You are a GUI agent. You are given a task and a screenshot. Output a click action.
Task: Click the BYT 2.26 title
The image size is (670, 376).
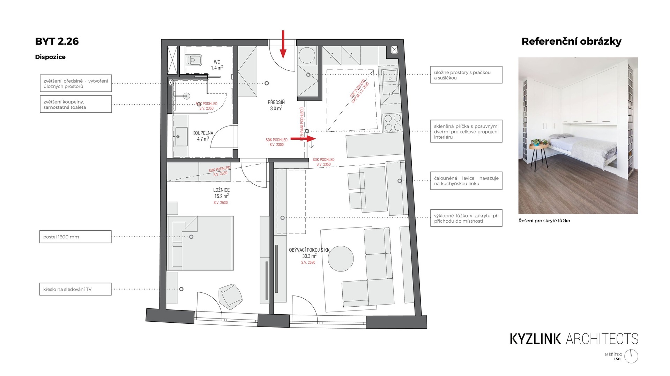pyautogui.click(x=57, y=41)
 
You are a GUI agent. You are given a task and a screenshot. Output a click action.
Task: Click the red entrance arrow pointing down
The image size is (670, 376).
pyautogui.click(x=283, y=44)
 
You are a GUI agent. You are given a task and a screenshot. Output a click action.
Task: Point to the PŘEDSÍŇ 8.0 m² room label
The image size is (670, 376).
pyautogui.click(x=276, y=105)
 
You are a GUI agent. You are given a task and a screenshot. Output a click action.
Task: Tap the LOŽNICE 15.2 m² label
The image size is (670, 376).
pyautogui.click(x=222, y=193)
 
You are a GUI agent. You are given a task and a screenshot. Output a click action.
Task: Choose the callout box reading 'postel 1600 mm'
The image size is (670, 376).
pyautogui.click(x=75, y=237)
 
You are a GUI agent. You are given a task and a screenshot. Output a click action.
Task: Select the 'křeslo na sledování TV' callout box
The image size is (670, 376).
pyautogui.click(x=75, y=289)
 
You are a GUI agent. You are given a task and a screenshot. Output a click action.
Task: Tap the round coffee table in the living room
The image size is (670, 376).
pyautogui.click(x=341, y=259)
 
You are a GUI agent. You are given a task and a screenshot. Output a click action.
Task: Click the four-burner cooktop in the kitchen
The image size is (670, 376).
pyautogui.click(x=393, y=122)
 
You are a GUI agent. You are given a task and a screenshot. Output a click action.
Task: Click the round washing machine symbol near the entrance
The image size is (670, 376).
pyautogui.click(x=307, y=55)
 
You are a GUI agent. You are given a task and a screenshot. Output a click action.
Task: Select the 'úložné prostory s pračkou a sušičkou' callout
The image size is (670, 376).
pyautogui.click(x=466, y=75)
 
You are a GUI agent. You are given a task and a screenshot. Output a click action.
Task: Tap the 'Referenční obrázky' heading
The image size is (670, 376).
pyautogui.click(x=571, y=41)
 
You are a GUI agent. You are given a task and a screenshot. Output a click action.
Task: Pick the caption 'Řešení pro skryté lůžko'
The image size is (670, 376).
pyautogui.click(x=544, y=221)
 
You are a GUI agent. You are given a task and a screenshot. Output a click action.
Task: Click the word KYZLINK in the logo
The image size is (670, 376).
pyautogui.click(x=535, y=339)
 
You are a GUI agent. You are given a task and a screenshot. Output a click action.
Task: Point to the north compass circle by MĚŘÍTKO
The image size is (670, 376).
pyautogui.click(x=631, y=356)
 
